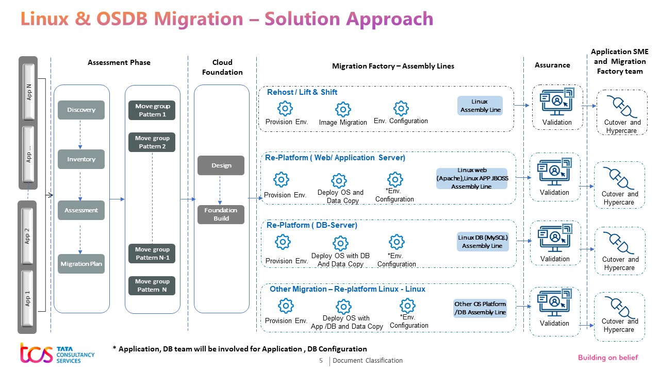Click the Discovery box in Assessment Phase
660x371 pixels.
pos(81,110)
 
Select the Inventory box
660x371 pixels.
pos(81,159)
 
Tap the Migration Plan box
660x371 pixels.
pos(81,264)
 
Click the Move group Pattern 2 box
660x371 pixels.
pos(152,142)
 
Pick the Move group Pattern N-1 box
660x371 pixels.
pos(152,253)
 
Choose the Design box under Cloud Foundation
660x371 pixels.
pos(221,165)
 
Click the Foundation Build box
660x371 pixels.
pos(221,214)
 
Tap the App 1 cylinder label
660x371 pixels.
pos(28,299)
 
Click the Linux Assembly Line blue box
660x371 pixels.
pos(480,106)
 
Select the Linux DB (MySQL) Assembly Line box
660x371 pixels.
pos(483,242)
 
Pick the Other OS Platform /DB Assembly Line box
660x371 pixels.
pos(480,308)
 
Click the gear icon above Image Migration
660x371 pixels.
pos(343,109)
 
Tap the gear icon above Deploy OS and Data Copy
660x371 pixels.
pos(339,180)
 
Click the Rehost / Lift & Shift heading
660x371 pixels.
pos(302,92)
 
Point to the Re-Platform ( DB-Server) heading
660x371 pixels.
pos(311,225)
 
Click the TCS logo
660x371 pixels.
pos(36,353)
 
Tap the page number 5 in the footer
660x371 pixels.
pos(321,361)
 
